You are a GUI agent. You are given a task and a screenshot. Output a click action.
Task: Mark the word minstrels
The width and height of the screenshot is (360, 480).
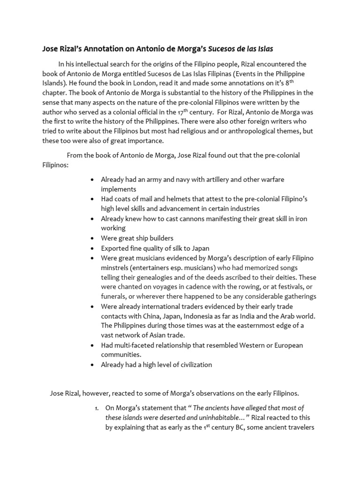coord(115,268)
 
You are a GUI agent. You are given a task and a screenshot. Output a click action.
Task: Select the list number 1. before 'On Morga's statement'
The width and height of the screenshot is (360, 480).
coord(97,408)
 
